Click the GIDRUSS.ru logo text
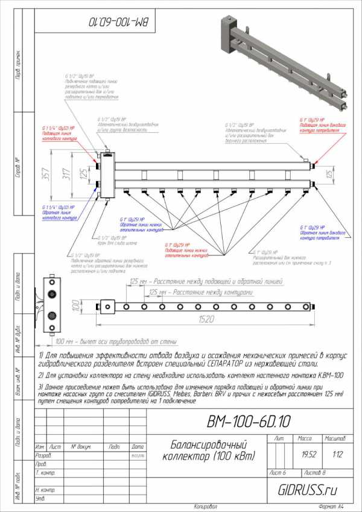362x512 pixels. pyautogui.click(x=309, y=490)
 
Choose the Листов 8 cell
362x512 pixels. pyautogui.click(x=316, y=472)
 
